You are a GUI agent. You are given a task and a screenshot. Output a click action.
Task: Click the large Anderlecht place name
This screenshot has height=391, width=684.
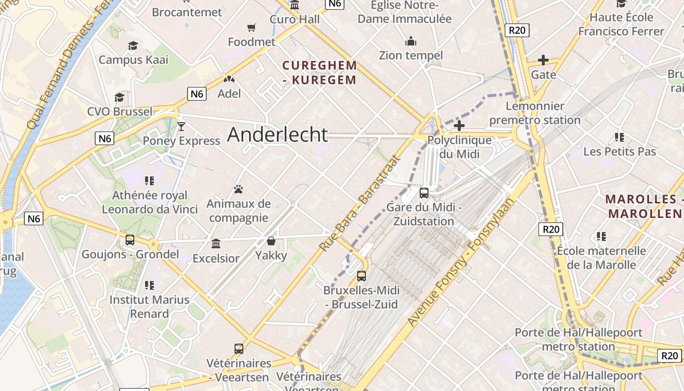click(278, 134)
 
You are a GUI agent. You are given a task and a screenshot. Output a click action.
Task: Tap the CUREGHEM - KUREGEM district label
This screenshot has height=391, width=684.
click(320, 72)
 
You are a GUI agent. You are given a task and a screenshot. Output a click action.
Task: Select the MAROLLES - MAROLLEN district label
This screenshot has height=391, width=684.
click(644, 206)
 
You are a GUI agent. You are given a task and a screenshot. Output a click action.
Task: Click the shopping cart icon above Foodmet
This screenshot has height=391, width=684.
click(252, 28)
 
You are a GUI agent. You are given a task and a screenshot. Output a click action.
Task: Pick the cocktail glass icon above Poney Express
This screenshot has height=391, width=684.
click(181, 127)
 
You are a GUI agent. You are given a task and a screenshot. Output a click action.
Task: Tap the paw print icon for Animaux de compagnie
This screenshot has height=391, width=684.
click(238, 189)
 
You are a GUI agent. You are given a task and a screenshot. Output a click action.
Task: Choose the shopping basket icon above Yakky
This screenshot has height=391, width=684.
click(271, 241)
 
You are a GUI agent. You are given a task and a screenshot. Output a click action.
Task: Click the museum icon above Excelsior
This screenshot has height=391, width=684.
click(216, 243)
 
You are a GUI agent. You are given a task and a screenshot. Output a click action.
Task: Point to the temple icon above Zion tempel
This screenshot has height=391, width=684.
click(411, 41)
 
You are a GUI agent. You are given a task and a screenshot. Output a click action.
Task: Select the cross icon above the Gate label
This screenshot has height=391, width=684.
click(543, 60)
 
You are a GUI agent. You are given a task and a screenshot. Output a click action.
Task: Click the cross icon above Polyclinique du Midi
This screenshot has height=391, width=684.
click(459, 126)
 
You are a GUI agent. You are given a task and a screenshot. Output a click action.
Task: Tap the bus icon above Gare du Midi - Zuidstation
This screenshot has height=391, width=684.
click(424, 193)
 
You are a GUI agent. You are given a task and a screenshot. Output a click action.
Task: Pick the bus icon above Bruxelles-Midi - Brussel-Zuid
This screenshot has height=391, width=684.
click(362, 276)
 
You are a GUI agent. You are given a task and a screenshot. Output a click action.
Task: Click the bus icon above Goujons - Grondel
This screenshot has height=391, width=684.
click(130, 240)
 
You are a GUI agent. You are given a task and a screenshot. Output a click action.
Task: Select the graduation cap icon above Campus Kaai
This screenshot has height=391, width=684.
click(133, 46)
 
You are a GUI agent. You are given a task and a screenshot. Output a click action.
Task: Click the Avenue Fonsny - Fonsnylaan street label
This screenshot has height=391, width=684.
click(461, 262)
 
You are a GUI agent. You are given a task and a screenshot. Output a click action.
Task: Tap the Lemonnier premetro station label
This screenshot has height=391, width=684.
click(535, 113)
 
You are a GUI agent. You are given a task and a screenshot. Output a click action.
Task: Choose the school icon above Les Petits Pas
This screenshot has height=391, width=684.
click(620, 137)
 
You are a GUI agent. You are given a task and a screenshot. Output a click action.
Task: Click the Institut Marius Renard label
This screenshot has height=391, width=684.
click(150, 306)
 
